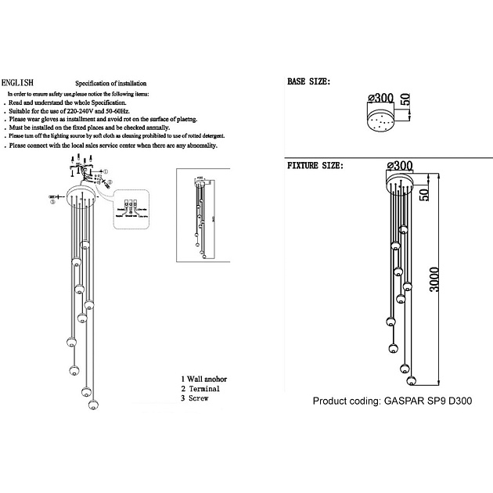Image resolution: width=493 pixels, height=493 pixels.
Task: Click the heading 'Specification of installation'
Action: click(110, 83)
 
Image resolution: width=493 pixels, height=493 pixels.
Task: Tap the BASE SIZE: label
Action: click(309, 81)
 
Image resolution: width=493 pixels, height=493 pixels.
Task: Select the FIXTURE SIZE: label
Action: click(315, 167)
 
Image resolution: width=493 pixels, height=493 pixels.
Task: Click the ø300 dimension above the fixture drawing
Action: click(399, 165)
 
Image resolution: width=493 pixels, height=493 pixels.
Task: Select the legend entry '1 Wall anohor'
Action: click(210, 379)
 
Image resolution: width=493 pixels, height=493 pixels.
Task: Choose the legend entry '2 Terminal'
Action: click(200, 389)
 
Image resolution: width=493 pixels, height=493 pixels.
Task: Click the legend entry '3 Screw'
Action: click(195, 398)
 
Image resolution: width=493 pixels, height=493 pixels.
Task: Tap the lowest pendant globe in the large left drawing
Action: click(94, 405)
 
